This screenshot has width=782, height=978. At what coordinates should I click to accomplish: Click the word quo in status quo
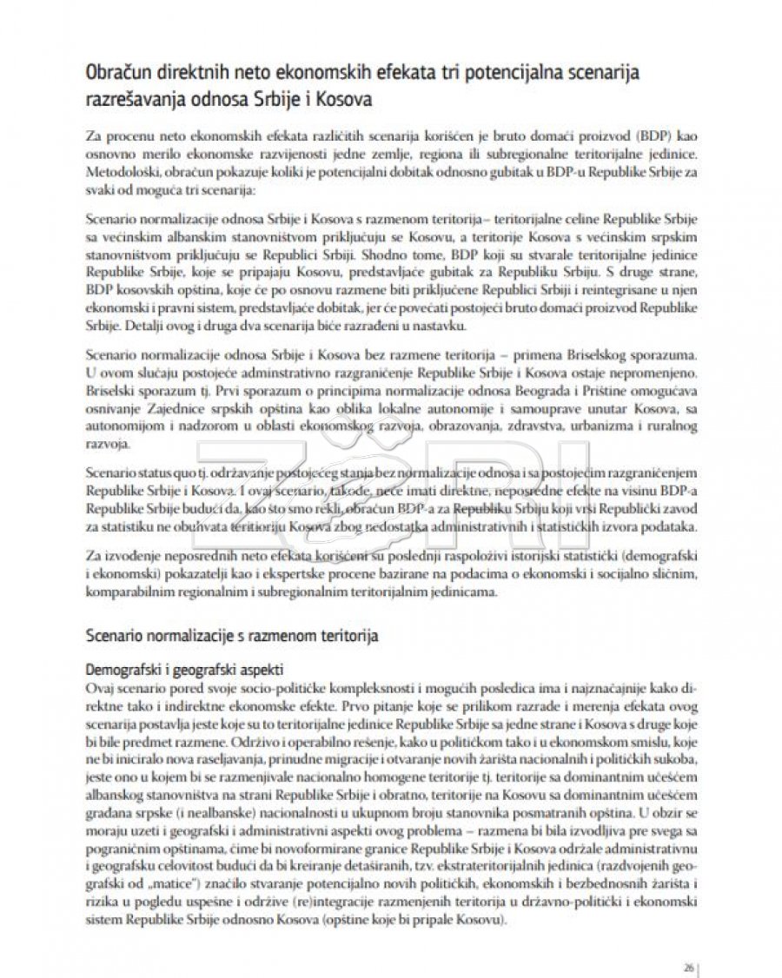point(195,472)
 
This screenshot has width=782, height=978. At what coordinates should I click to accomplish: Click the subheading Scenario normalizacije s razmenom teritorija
point(232,635)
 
